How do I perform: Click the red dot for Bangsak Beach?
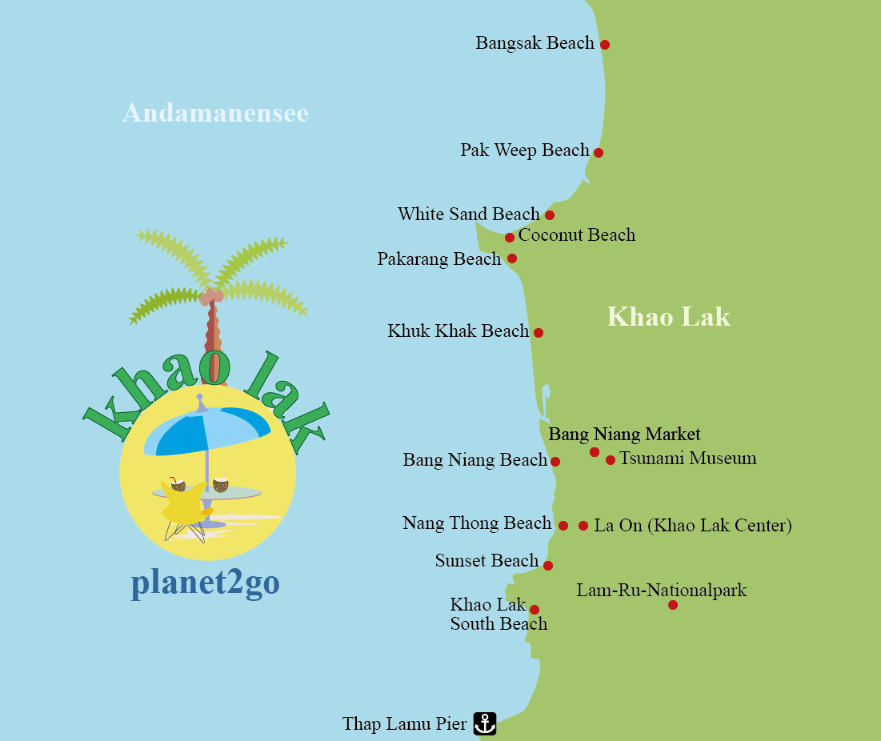605,45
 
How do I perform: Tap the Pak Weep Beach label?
524,150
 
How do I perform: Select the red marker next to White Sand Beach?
550,215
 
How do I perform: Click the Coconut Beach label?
577,235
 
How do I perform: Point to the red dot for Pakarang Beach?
512,258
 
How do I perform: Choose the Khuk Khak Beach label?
458,331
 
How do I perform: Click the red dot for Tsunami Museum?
611,460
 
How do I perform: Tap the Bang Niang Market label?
624,435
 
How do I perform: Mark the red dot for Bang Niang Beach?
555,462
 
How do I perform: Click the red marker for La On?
583,526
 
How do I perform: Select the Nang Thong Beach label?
477,524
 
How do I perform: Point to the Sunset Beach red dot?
548,566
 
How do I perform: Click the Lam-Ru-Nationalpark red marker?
673,605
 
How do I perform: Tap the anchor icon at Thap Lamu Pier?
485,723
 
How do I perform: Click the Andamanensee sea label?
215,113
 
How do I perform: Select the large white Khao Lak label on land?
668,317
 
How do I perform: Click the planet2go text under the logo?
206,583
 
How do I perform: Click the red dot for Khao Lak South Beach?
535,610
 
